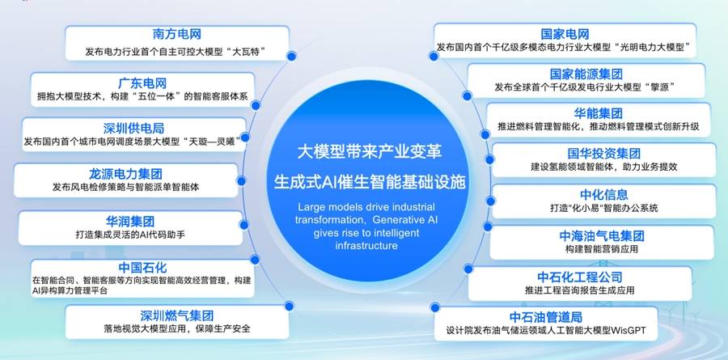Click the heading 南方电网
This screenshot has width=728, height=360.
177,34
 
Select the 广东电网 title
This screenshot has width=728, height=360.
142,83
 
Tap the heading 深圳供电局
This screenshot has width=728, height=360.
133,128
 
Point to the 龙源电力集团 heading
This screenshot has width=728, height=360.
125,174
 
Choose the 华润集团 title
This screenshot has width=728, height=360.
130,221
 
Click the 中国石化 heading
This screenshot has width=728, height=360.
142,268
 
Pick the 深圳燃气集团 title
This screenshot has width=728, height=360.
177,316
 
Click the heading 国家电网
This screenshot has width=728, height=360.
565,34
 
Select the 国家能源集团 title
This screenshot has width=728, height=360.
586,74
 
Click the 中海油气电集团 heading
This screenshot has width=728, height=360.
602,236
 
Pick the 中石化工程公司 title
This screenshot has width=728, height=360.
580,277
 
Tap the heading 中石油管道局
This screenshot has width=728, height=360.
546,317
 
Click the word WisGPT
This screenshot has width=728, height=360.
629,331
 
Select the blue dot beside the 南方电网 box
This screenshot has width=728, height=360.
291,56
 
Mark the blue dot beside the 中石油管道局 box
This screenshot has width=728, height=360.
435,307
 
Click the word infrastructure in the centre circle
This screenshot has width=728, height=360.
366,245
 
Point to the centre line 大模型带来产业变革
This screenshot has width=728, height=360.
369,152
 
